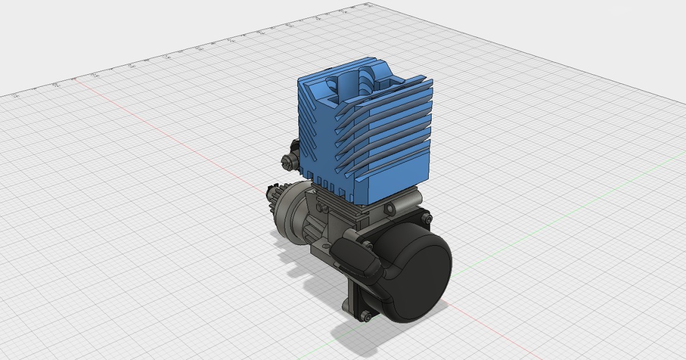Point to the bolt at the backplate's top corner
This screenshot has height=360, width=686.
coord(426,217)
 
